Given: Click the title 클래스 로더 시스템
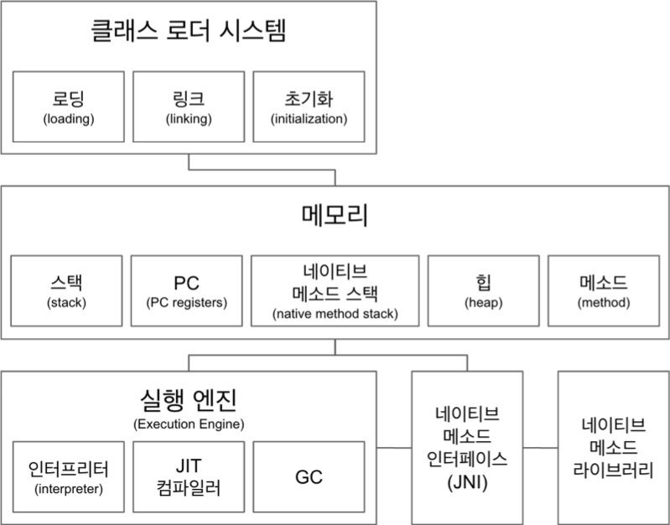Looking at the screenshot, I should click(x=188, y=34).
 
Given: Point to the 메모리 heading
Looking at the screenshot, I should click(x=335, y=216).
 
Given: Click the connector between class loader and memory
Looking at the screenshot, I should click(x=335, y=176).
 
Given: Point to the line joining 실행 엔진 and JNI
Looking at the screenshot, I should click(x=394, y=449).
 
